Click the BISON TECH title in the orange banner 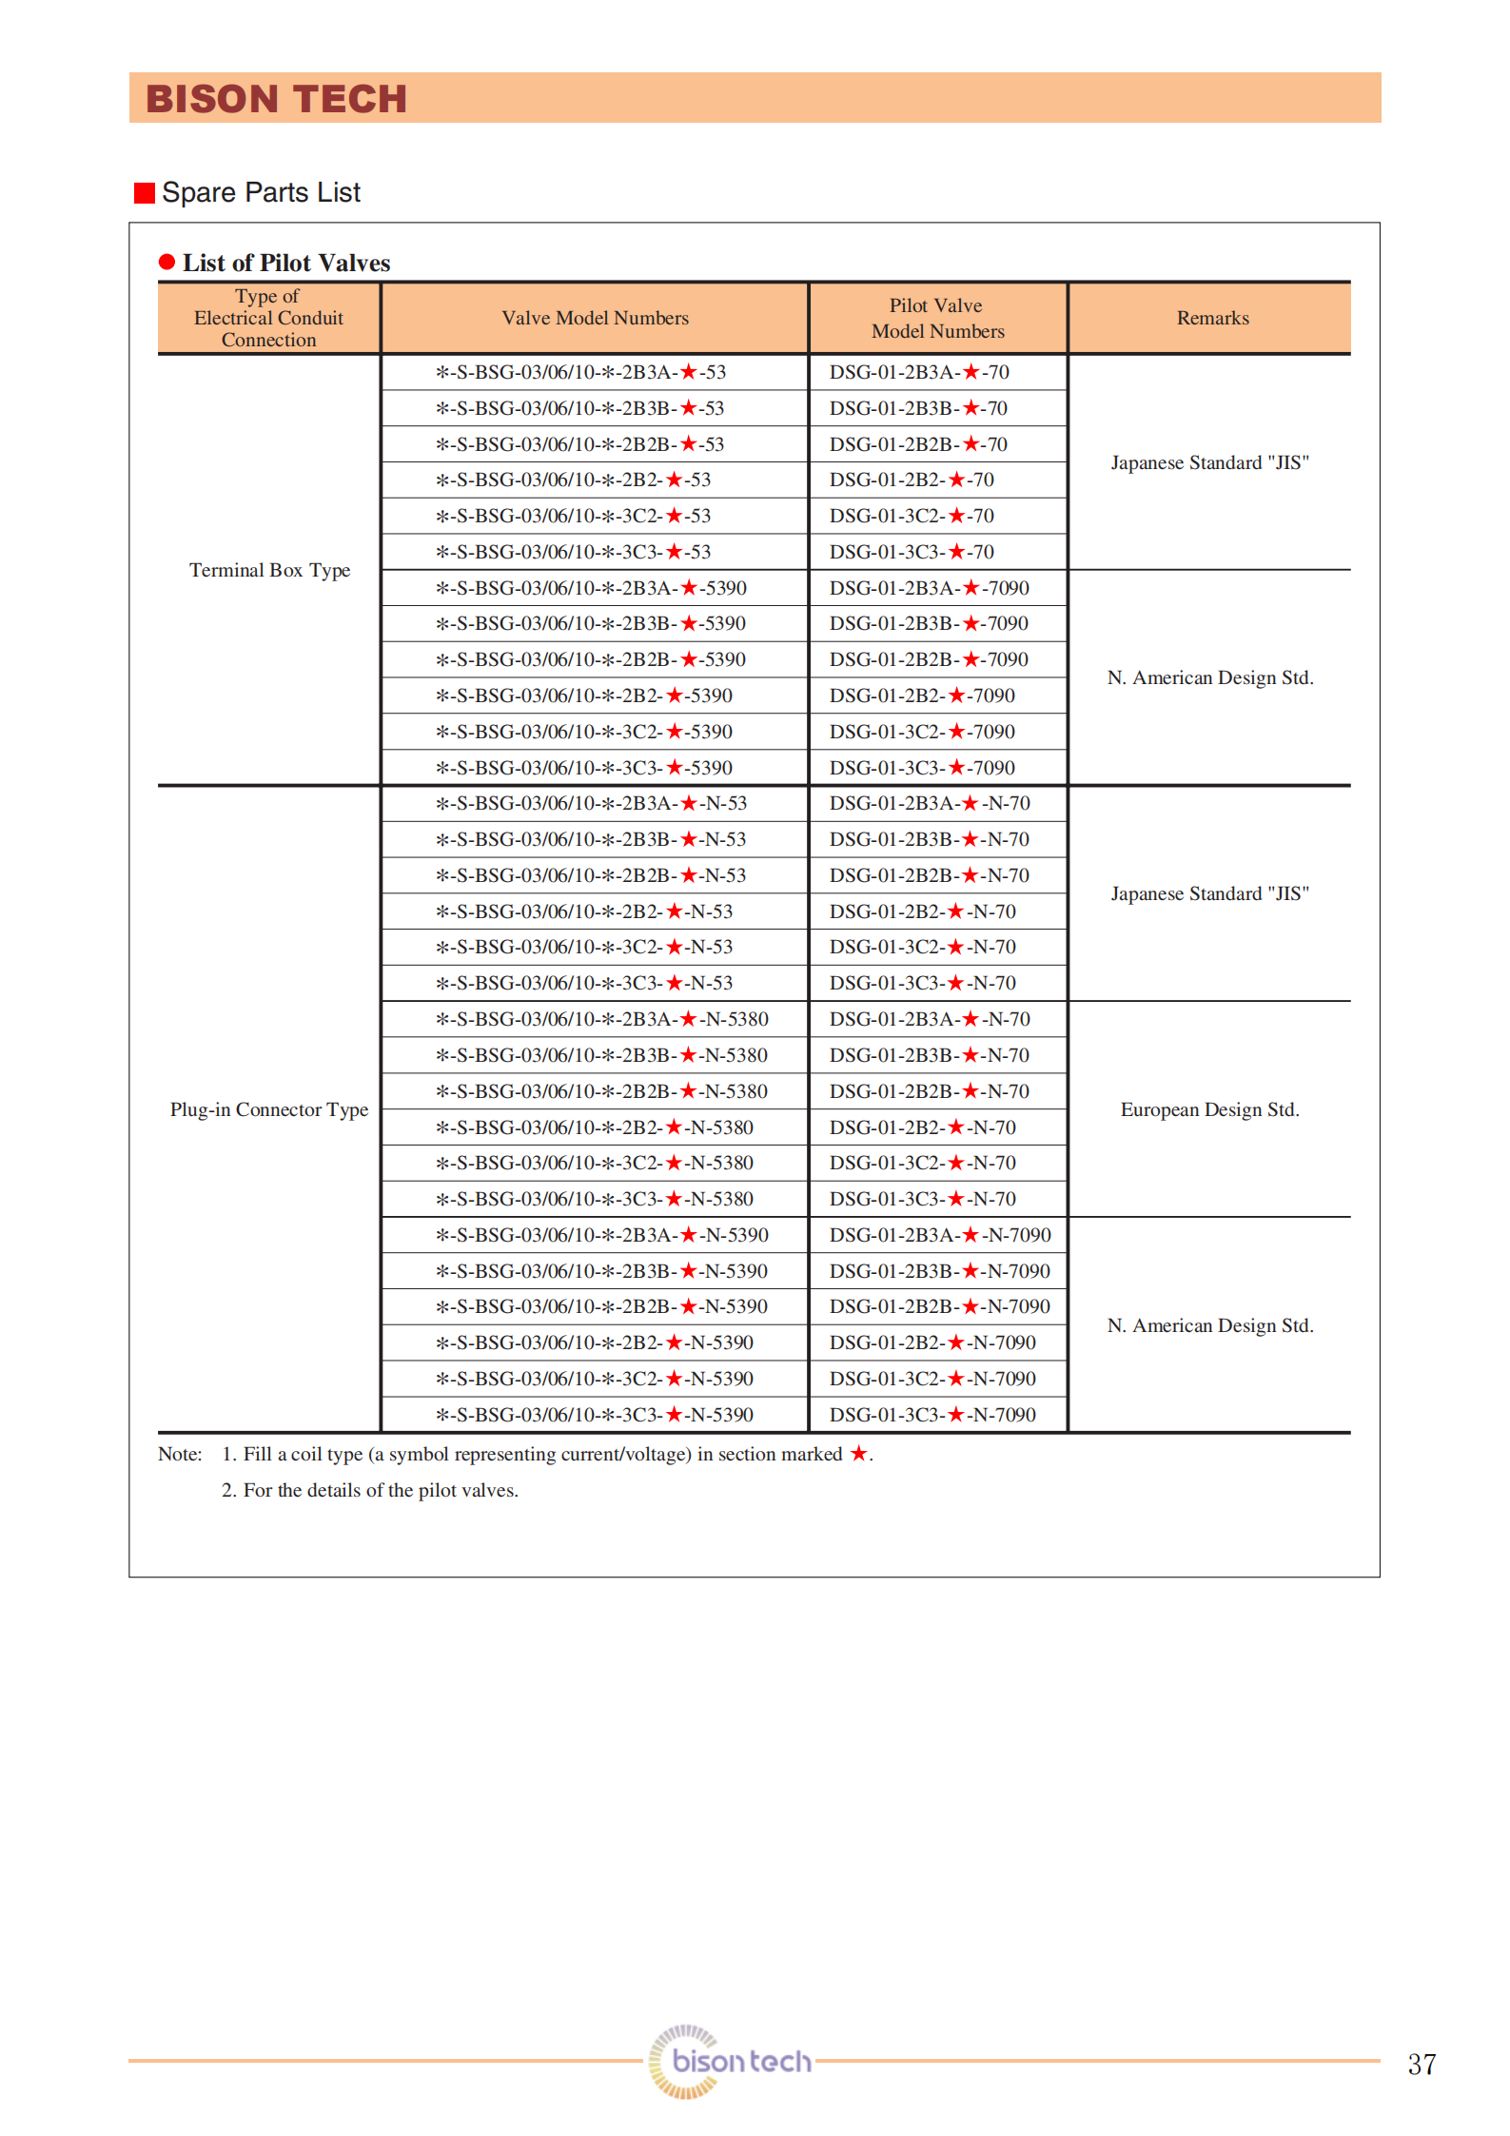276,99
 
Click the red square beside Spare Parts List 145,193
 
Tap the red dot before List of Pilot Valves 167,262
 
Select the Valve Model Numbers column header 595,318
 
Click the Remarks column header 1212,318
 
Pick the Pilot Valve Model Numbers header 937,318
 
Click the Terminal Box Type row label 269,570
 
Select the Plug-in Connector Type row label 269,1109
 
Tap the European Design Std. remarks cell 1209,1109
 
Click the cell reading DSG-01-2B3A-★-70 918,372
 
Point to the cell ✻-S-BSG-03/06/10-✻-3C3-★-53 574,552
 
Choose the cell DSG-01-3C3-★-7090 921,768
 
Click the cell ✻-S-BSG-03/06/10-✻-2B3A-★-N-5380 602,1019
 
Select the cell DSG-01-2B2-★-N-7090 931,1342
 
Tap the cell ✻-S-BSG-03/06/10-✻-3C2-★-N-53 584,947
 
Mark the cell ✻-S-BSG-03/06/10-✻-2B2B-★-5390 591,659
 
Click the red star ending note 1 858,1453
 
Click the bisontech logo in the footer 731,2061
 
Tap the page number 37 1422,2064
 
